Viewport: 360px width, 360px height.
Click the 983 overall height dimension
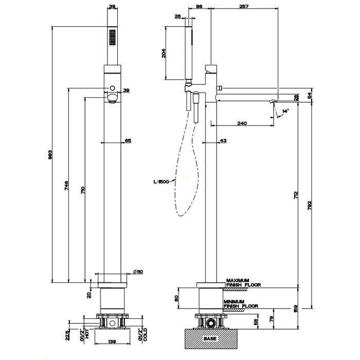50,156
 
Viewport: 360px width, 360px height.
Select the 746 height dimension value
66,186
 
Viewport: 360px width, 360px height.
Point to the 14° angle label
286,110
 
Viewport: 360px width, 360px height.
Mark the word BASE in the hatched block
209,339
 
